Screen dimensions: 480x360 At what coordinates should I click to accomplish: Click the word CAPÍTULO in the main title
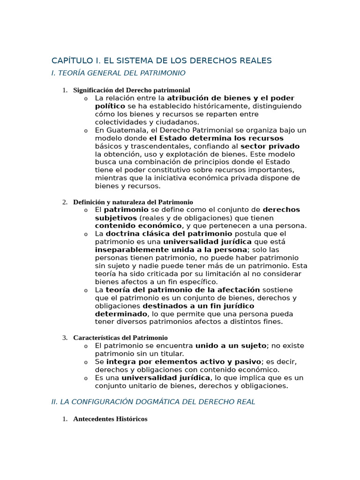point(71,61)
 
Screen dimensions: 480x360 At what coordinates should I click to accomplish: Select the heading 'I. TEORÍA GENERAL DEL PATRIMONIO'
point(118,73)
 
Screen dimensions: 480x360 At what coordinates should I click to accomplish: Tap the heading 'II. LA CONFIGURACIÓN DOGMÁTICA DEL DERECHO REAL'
point(153,402)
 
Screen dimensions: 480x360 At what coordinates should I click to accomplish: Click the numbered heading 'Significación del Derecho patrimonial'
point(132,90)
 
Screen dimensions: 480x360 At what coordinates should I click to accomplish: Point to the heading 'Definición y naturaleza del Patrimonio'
point(133,202)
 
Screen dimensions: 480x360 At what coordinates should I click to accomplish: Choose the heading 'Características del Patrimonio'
point(120,337)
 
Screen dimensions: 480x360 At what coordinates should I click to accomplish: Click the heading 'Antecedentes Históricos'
point(110,419)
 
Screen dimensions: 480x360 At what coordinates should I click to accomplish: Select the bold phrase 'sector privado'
point(270,146)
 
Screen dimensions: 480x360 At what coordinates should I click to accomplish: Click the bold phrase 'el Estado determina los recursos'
point(217,138)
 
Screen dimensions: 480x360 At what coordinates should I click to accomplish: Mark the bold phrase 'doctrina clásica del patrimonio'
point(169,234)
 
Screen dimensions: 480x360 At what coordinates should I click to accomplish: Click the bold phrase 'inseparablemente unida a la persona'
point(171,250)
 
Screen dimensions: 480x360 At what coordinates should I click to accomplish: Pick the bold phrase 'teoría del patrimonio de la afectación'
point(183,290)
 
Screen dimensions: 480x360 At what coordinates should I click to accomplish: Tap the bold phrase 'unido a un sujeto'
point(231,346)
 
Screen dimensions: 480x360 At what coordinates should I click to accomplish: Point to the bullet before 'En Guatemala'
point(86,131)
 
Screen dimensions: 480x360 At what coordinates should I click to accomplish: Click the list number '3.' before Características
point(65,337)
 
